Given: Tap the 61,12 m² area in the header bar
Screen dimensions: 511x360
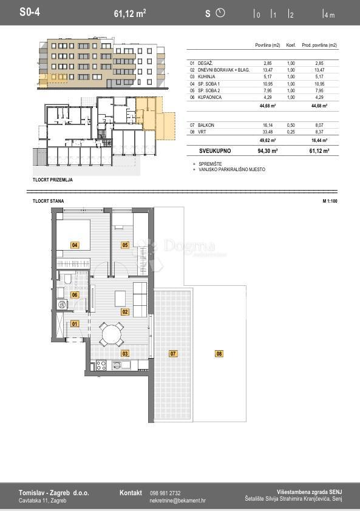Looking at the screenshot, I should click(130, 13).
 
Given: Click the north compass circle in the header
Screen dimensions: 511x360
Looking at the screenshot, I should click(220, 13).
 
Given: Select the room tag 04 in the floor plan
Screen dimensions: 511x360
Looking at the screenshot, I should click(75, 245).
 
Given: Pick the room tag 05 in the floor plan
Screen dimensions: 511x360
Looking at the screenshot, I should click(125, 245).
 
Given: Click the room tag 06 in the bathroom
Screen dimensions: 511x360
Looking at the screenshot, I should click(75, 295).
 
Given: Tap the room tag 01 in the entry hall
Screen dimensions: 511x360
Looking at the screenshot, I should click(75, 323).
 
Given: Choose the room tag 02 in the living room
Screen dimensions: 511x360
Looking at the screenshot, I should click(125, 312).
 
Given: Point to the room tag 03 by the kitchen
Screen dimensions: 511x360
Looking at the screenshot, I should click(125, 353).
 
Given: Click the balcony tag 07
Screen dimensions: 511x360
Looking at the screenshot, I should click(172, 353).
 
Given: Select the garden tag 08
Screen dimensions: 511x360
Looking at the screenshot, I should click(219, 353).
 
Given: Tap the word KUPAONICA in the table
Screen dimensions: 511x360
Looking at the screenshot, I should click(209, 97).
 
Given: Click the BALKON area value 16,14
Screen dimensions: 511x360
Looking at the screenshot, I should click(268, 125).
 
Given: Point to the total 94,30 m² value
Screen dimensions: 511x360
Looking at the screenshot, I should click(267, 150).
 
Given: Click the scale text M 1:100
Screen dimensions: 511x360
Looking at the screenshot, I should click(329, 200).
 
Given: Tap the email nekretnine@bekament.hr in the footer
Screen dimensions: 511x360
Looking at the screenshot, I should click(177, 501).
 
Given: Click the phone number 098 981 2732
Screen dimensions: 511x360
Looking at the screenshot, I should click(165, 493).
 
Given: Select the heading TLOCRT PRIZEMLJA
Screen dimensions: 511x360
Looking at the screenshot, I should click(56, 180).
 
